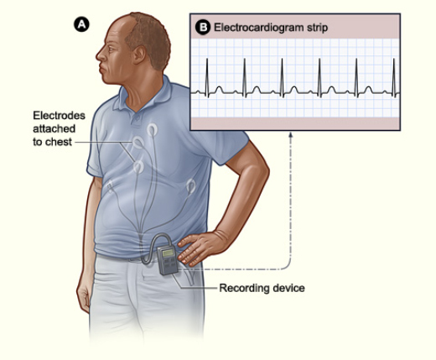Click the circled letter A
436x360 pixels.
tap(81, 24)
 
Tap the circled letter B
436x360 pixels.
tap(203, 28)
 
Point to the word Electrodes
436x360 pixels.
tap(59, 116)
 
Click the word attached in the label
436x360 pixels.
tap(54, 128)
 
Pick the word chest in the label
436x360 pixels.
tap(59, 142)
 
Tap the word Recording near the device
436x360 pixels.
tap(241, 288)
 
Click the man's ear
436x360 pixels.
tap(139, 55)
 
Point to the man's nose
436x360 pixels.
tap(100, 55)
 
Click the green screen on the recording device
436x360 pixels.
tap(168, 253)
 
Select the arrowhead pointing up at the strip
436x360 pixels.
tap(291, 134)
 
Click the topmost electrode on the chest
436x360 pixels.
tap(152, 130)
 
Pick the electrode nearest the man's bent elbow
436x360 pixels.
tap(191, 186)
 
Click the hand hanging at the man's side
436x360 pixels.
tap(83, 295)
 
